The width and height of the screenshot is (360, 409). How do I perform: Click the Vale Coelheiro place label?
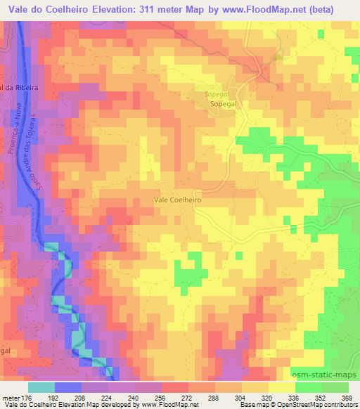tap(178, 200)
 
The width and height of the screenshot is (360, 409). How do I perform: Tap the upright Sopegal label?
tap(225, 103)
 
